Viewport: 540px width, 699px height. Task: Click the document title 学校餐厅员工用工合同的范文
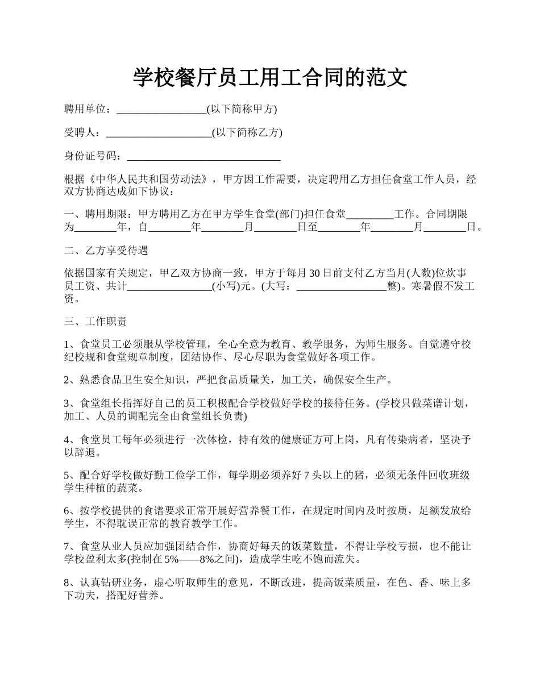click(x=270, y=77)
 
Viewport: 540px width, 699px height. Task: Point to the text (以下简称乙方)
click(x=247, y=133)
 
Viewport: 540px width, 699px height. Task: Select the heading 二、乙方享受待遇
click(x=106, y=251)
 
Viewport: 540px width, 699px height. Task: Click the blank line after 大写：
click(x=342, y=287)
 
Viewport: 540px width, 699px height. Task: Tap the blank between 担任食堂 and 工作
click(x=369, y=215)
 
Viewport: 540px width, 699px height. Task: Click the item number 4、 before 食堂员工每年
click(x=70, y=440)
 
